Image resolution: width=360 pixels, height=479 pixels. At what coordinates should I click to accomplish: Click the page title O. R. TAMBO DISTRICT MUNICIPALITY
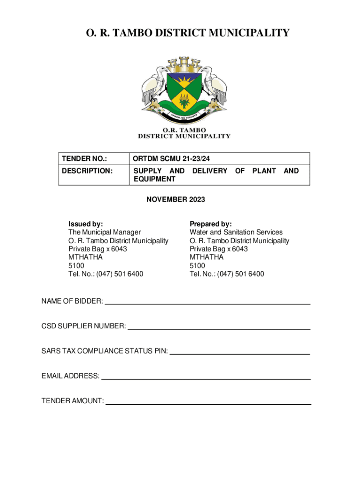(x=180, y=33)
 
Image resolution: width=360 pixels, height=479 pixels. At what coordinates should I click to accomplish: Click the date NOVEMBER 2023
(x=175, y=200)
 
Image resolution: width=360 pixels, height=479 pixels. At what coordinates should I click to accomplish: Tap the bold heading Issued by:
(x=86, y=224)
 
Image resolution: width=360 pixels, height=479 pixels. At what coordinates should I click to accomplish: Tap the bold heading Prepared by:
(x=210, y=224)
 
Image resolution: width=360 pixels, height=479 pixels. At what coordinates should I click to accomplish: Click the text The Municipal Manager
(x=104, y=232)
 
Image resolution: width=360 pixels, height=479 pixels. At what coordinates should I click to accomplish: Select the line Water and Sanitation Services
(x=236, y=232)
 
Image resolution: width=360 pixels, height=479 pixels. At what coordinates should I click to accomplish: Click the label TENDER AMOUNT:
(x=72, y=401)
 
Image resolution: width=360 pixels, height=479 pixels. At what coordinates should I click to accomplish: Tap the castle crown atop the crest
(x=184, y=63)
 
